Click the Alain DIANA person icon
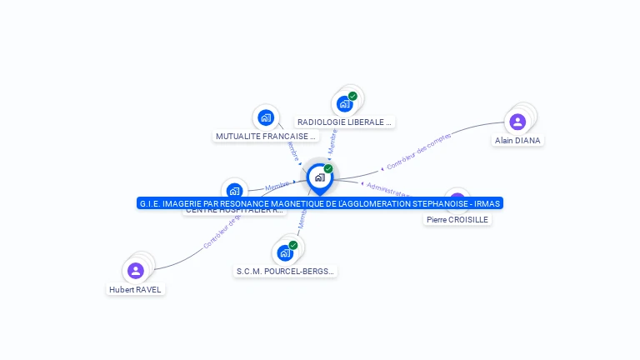tap(517, 122)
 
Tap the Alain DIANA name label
tap(517, 141)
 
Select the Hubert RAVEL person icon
tap(136, 270)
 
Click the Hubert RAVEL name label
tap(136, 289)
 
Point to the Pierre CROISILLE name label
tap(457, 219)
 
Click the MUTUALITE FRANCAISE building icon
tap(265, 117)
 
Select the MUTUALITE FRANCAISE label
tap(266, 136)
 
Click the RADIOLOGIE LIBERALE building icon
tap(344, 104)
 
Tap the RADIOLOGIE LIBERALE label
tap(344, 122)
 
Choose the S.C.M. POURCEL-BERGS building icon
tap(285, 252)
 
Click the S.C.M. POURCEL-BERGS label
tap(286, 271)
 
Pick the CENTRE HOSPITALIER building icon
tap(234, 190)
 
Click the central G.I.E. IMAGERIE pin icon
tap(318, 177)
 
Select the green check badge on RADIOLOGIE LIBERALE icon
tap(352, 96)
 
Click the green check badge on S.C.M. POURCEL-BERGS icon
tap(293, 245)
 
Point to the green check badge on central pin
tap(328, 168)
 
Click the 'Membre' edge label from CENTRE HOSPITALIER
tap(277, 185)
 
